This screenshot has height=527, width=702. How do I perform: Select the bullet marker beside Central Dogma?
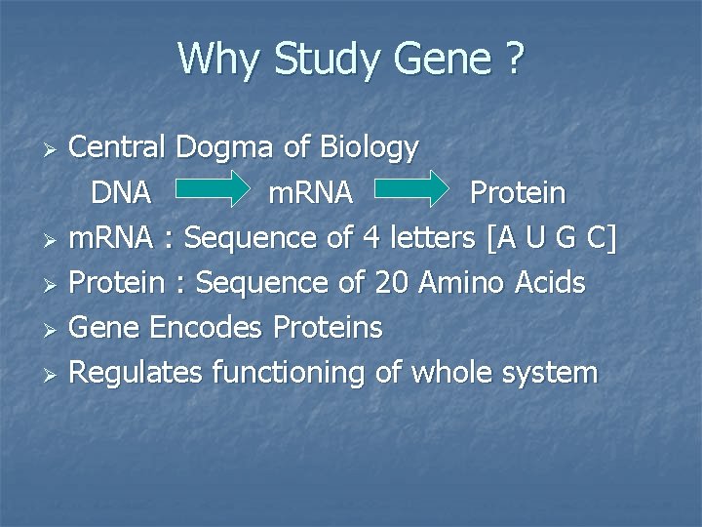(55, 149)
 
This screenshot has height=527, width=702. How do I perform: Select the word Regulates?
(136, 372)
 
